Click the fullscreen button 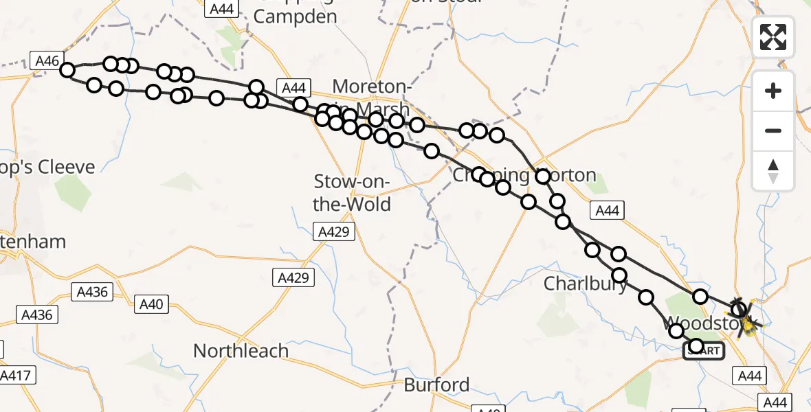(773, 36)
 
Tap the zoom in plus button (773, 91)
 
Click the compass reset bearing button (773, 171)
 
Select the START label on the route (703, 351)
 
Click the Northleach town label (241, 351)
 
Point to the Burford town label (436, 385)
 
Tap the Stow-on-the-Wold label (352, 193)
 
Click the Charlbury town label (586, 284)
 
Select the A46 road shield (47, 60)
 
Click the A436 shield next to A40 (93, 292)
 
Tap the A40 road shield (151, 304)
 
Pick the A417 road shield (16, 376)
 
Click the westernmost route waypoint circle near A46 (67, 70)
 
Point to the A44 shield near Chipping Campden (222, 8)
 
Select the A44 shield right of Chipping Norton (607, 211)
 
